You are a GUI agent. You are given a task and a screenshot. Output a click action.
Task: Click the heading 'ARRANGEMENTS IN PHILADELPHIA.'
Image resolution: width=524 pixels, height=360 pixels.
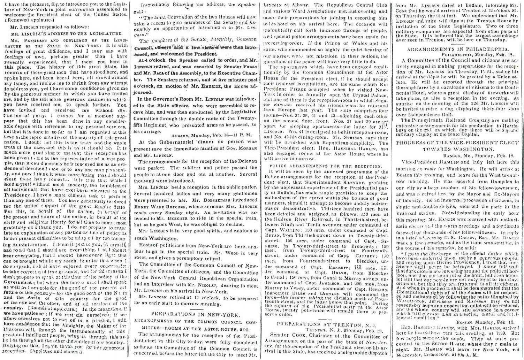(x=458, y=49)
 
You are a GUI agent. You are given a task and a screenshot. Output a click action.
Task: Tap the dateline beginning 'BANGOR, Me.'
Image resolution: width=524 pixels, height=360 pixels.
(x=481, y=155)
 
